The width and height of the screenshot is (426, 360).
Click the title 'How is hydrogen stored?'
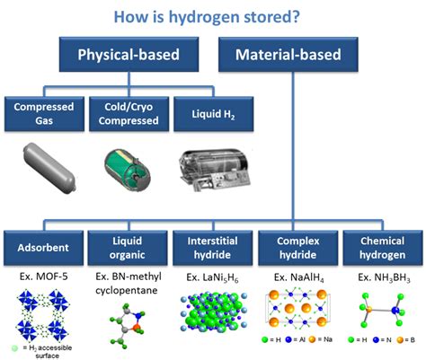pyautogui.click(x=212, y=17)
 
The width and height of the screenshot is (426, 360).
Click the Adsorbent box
pyautogui.click(x=45, y=246)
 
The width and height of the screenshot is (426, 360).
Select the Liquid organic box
pyautogui.click(x=129, y=246)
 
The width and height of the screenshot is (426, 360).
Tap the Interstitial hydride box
pyautogui.click(x=212, y=246)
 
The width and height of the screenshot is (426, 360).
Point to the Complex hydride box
pyautogui.click(x=297, y=246)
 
